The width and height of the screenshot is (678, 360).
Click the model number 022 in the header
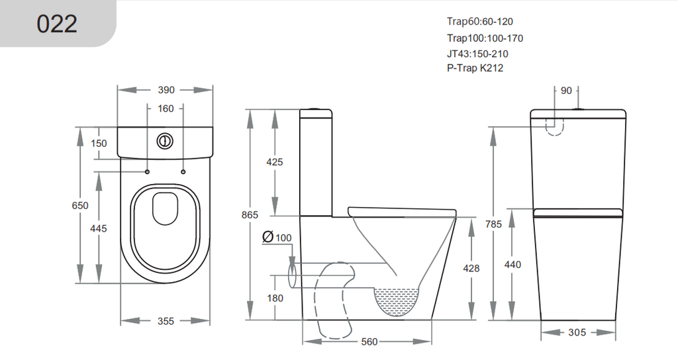point(57,23)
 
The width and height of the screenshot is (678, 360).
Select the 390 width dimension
point(166,90)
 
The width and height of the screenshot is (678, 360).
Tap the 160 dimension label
point(166,109)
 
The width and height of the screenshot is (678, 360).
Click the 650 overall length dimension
point(80,206)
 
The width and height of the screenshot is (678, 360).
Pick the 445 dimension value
point(99,228)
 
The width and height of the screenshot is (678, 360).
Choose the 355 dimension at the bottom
point(166,321)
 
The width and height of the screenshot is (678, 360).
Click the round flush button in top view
point(165,141)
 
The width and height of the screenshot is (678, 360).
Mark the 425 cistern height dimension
point(274,162)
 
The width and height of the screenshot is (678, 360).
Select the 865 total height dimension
point(250,215)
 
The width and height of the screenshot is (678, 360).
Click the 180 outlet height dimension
point(274,298)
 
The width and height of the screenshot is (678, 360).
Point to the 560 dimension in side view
point(369,341)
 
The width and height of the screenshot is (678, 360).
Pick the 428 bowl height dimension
point(471,268)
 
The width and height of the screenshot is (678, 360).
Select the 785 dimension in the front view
point(494,224)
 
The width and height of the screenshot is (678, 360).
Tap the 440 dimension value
point(512,265)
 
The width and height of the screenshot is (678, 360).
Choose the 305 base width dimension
point(577,332)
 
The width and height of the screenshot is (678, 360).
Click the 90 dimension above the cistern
point(566,91)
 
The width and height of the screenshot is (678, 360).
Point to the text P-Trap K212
point(475,67)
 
